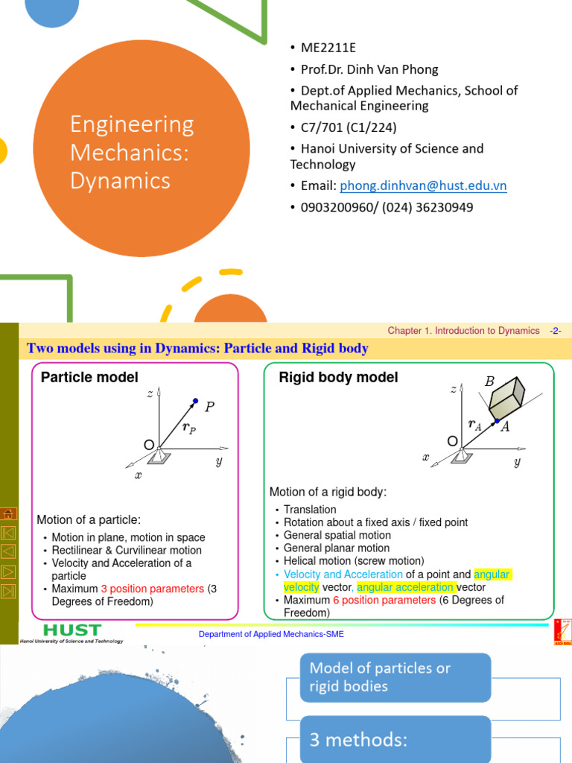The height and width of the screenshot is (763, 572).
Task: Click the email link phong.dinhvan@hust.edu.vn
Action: tap(423, 186)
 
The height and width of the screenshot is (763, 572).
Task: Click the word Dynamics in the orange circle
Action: tap(120, 180)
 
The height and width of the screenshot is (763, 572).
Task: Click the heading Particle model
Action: tap(89, 378)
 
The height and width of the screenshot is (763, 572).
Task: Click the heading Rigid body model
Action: tap(338, 378)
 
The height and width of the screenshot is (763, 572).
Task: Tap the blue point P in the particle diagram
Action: tap(196, 400)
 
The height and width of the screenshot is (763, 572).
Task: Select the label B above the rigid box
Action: tap(489, 381)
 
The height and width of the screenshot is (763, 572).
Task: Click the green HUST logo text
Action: tap(73, 629)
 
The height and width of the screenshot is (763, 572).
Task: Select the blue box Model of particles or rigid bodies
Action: tap(395, 677)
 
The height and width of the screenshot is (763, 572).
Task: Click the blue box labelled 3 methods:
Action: tap(395, 740)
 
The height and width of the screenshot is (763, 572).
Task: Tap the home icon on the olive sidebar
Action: tap(9, 513)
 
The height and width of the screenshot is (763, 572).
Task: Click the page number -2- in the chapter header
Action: tap(555, 331)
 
